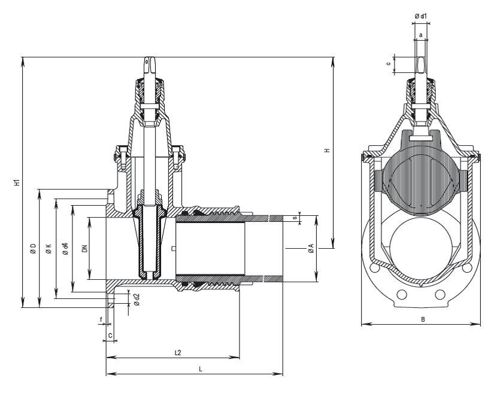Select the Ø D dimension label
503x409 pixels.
[33, 249]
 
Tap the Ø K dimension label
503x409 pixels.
[49, 249]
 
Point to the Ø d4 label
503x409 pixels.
[65, 249]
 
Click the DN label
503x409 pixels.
[84, 249]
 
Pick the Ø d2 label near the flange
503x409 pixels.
[137, 300]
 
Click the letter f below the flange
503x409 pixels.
[101, 319]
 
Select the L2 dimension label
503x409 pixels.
[178, 353]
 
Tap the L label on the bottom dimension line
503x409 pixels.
[201, 370]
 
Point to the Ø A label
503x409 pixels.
[311, 249]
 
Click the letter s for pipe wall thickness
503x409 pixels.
[295, 218]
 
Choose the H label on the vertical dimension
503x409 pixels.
[327, 150]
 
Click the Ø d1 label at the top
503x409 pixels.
[421, 16]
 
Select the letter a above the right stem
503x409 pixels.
[421, 35]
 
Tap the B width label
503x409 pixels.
[423, 319]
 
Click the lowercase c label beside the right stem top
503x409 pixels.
[389, 63]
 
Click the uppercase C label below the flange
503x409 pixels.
[110, 335]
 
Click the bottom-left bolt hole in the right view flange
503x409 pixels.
[402, 294]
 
